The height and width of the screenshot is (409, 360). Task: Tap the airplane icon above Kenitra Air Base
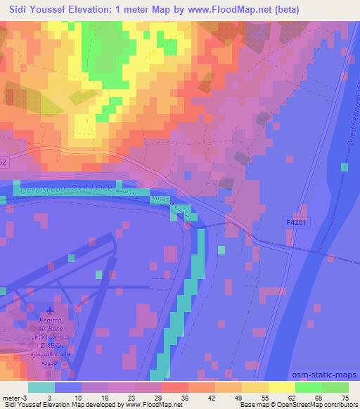click(x=49, y=311)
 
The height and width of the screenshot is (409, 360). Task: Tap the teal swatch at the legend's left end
click(x=41, y=387)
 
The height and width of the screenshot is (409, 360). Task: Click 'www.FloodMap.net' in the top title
click(x=219, y=9)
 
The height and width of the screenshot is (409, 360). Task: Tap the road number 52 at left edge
click(x=3, y=161)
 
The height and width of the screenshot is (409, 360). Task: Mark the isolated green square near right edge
click(x=344, y=167)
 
